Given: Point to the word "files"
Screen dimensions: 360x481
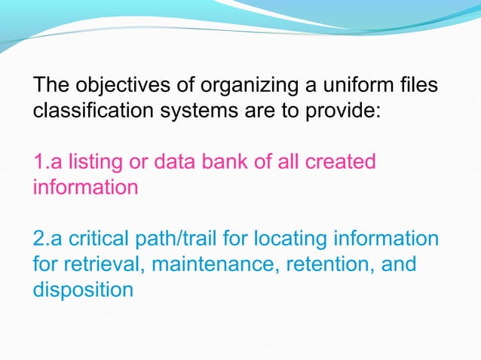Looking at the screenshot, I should coord(418,87).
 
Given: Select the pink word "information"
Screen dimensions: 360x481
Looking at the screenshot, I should coord(85,187).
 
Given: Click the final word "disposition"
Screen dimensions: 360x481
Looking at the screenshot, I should coord(83,289).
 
